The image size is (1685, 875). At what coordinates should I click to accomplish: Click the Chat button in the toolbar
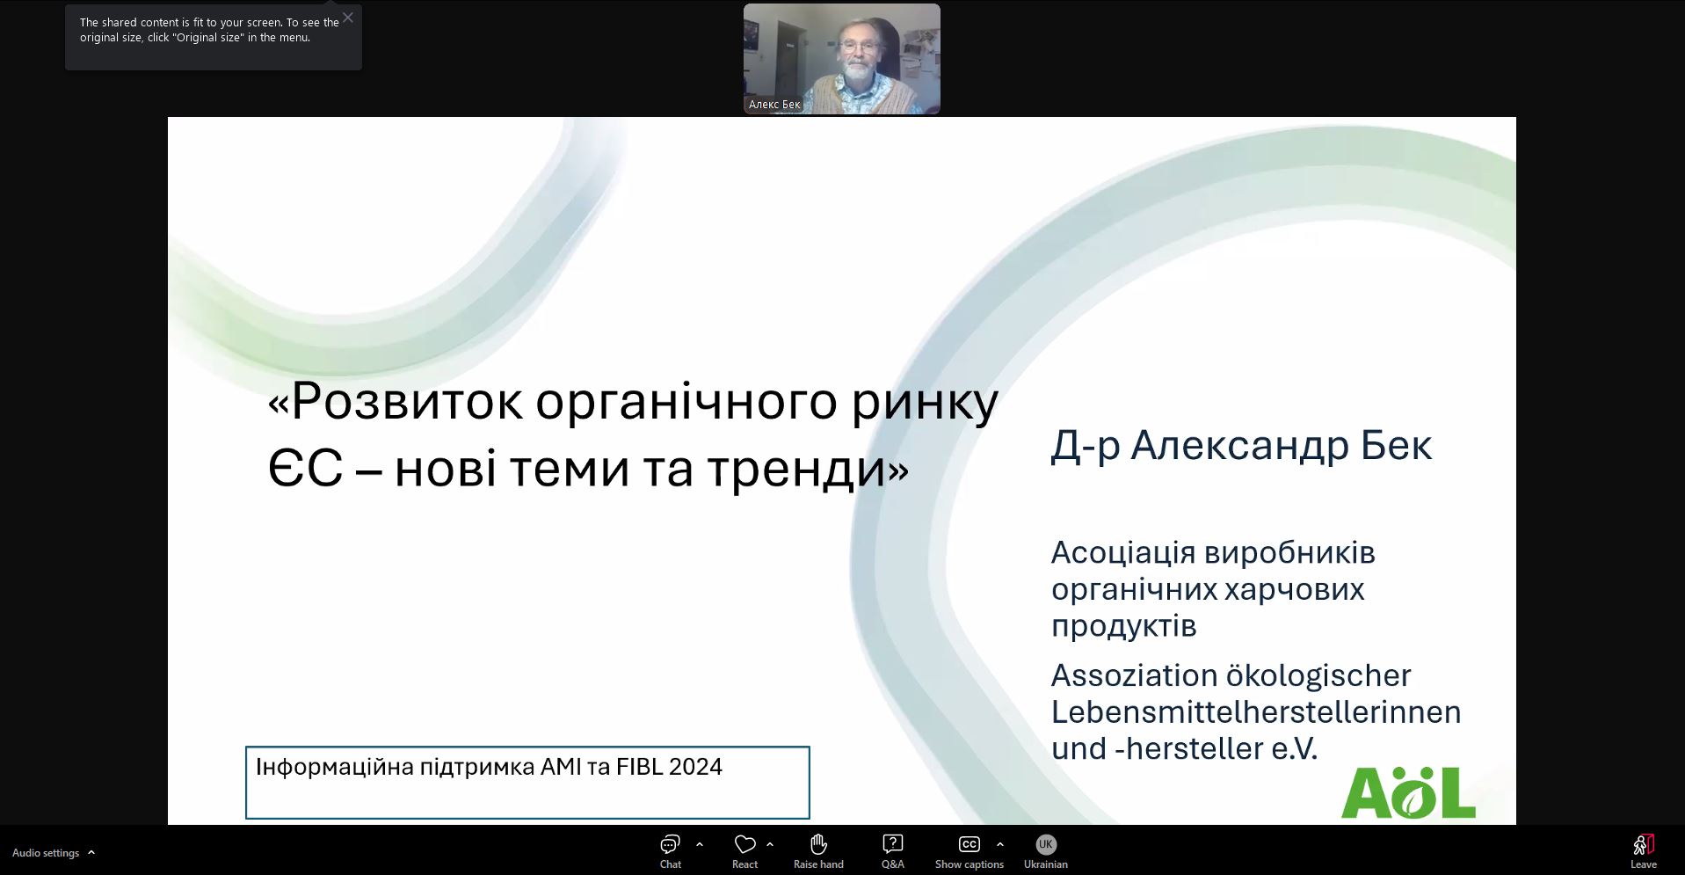pos(671,850)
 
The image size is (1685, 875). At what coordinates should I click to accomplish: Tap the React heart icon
pos(745,844)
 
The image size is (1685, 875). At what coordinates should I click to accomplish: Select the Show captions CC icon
pos(969,844)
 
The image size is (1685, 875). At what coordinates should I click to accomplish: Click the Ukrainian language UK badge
pos(1045,844)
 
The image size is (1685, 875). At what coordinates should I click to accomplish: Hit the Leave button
pos(1643,850)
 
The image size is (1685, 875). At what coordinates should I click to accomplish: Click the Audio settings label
pos(46,853)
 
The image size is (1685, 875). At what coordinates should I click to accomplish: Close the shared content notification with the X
pos(348,18)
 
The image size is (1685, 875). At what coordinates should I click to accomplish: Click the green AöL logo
pos(1408,792)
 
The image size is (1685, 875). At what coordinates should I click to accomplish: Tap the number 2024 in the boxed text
pos(695,767)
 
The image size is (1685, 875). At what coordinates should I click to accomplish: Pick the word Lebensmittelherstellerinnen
pos(1256,711)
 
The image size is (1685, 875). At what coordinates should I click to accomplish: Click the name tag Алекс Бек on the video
pos(774,105)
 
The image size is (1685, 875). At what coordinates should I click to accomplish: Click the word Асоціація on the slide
pos(1123,553)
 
